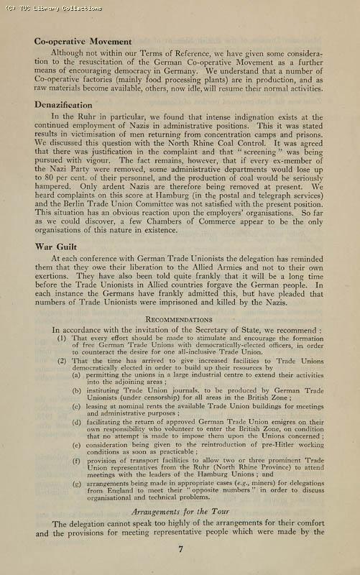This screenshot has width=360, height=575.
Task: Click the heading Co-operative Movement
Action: click(x=83, y=42)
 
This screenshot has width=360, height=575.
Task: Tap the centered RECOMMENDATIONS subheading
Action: click(x=178, y=319)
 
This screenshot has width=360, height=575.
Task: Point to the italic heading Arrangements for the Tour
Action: click(x=179, y=511)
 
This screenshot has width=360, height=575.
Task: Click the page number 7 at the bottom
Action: click(x=180, y=549)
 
